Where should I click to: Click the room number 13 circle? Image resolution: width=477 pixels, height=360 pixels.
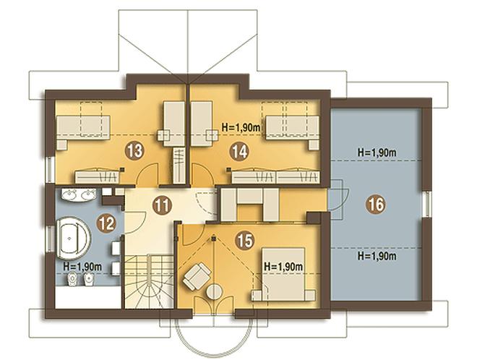pyautogui.click(x=134, y=150)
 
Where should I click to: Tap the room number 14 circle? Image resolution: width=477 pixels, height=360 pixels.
pyautogui.click(x=239, y=151)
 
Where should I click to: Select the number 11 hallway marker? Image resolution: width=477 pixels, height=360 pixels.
pyautogui.click(x=162, y=206)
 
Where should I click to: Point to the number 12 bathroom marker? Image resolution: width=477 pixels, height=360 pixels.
pyautogui.click(x=106, y=223)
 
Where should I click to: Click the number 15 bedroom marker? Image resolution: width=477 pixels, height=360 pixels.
pyautogui.click(x=245, y=241)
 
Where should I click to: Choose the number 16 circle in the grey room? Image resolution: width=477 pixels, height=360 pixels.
pyautogui.click(x=377, y=205)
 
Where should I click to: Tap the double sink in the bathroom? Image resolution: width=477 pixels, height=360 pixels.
pyautogui.click(x=79, y=194)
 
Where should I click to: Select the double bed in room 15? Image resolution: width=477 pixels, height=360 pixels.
pyautogui.click(x=283, y=274)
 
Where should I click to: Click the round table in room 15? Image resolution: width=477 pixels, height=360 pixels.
pyautogui.click(x=215, y=291)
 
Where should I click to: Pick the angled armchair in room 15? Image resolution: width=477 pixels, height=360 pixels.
pyautogui.click(x=197, y=275)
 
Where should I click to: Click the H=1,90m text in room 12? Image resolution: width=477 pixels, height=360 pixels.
pyautogui.click(x=82, y=267)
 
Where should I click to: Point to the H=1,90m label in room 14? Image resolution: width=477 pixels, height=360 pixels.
pyautogui.click(x=241, y=128)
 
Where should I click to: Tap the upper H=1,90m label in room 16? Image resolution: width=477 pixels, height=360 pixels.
pyautogui.click(x=377, y=153)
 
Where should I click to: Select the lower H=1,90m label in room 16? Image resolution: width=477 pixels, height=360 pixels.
pyautogui.click(x=377, y=256)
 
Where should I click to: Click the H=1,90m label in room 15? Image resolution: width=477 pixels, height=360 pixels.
pyautogui.click(x=283, y=267)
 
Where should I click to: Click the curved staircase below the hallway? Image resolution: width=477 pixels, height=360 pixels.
pyautogui.click(x=148, y=281)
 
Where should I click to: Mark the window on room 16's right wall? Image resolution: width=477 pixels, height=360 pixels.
pyautogui.click(x=427, y=204)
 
